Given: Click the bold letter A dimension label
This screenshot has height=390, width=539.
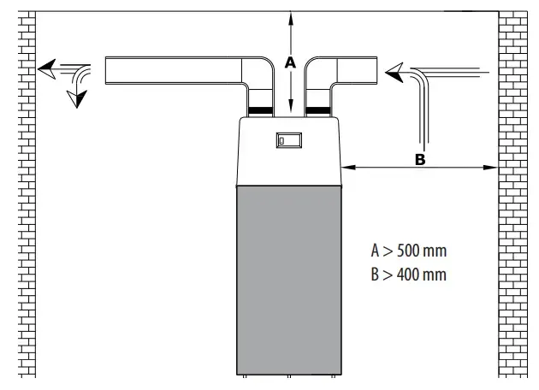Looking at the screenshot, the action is click(x=291, y=62).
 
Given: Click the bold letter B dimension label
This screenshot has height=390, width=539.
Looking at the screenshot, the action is click(x=420, y=159).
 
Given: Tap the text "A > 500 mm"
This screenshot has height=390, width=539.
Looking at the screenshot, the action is click(x=409, y=251).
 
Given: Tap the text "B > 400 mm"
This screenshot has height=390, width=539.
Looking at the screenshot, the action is click(x=409, y=275).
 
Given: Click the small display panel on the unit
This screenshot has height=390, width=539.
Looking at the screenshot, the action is click(x=289, y=140).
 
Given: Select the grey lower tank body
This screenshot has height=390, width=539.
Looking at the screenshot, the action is click(x=289, y=280).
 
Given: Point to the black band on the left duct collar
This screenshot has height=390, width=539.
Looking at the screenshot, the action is click(x=260, y=110).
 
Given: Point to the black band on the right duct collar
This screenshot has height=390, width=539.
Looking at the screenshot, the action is click(x=318, y=110).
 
